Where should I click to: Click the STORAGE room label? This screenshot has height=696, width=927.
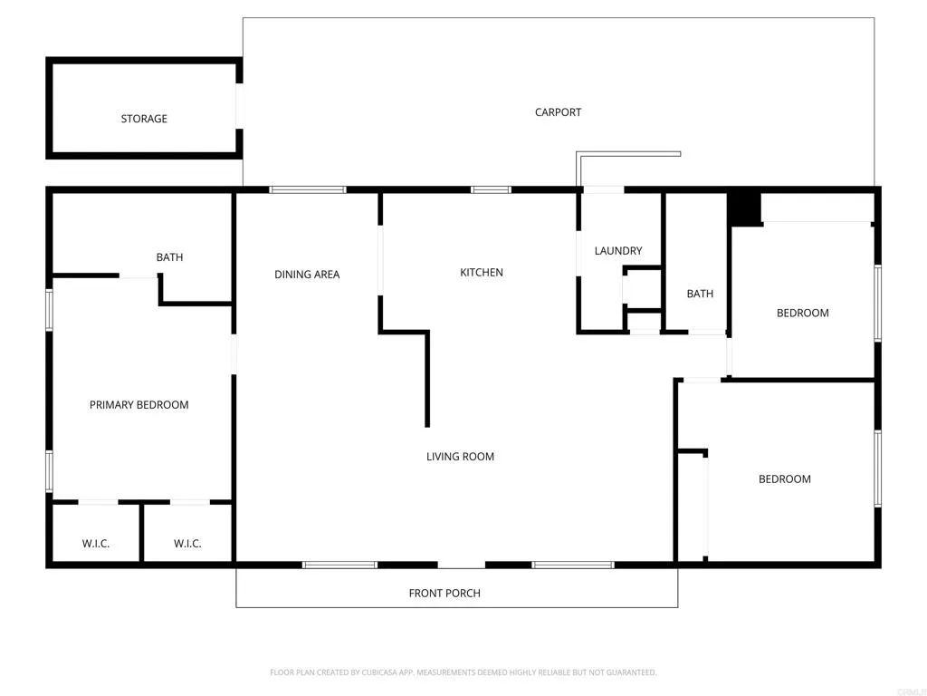coord(144,119)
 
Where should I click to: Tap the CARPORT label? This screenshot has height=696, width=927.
coord(558,112)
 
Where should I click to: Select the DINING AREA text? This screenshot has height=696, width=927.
coord(307,275)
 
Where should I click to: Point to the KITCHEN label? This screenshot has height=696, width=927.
coord(482,273)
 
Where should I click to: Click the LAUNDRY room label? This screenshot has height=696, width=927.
coord(618,251)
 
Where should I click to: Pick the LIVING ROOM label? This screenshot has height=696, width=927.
coord(460,457)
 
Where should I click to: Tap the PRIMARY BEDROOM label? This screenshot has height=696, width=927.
coord(139,405)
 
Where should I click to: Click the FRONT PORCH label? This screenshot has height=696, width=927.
coord(444,594)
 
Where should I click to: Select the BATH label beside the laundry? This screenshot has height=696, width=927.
coord(700,294)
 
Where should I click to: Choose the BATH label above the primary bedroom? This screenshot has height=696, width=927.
coord(169,257)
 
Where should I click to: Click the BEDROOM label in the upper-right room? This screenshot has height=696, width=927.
coord(802,314)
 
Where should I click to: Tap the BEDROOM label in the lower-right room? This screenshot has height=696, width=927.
coord(784,479)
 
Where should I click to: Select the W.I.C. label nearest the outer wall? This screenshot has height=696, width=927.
coord(96,544)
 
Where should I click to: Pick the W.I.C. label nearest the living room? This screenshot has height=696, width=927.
coord(187,544)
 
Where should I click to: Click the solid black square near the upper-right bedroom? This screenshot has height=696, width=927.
coord(744,208)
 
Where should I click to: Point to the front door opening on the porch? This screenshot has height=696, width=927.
coord(462,565)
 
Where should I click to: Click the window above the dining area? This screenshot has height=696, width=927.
coord(308,190)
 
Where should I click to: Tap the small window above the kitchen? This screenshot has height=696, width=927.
coord(491,190)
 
